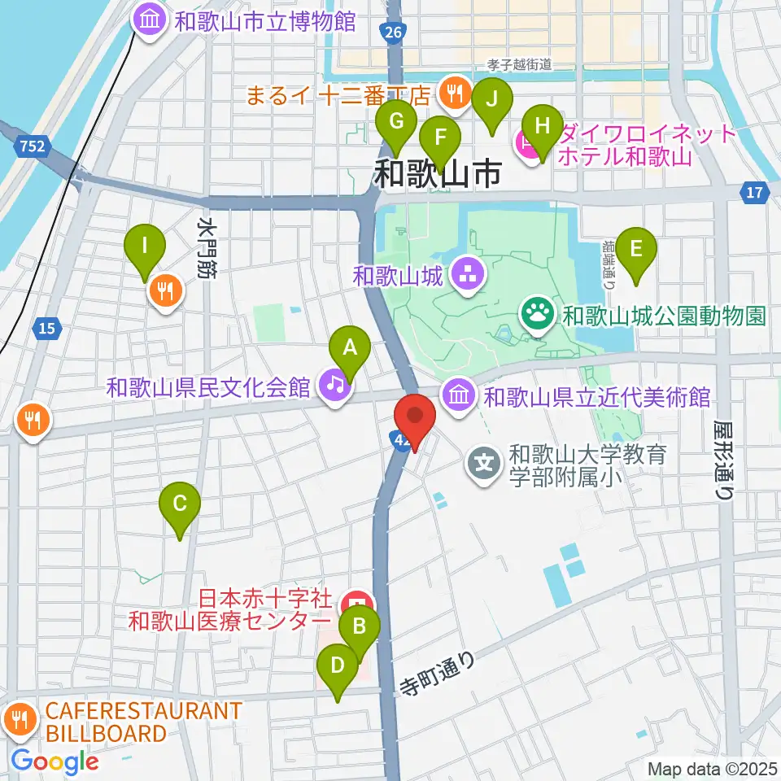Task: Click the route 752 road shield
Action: [33, 146]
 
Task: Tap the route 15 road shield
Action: [46, 329]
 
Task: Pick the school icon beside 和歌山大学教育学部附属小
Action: [486, 465]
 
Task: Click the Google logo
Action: [55, 761]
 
